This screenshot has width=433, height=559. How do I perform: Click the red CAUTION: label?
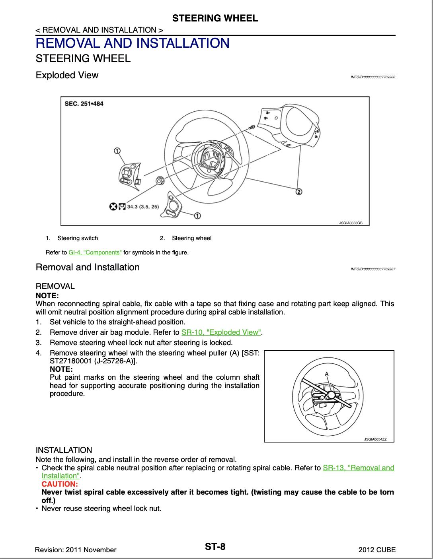[59, 484]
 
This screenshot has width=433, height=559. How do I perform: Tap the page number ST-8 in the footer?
[215, 547]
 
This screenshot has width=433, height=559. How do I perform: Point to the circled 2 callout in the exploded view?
[298, 192]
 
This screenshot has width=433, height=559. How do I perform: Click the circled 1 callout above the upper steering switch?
[117, 150]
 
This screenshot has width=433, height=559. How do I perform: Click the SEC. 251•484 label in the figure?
[84, 104]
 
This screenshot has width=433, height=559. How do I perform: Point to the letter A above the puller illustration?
[326, 374]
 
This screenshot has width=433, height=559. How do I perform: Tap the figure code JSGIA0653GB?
[351, 223]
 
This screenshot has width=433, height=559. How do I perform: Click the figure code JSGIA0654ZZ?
[378, 439]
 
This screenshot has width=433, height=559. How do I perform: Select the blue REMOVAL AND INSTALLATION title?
[133, 43]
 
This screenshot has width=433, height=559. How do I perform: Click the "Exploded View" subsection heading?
[67, 75]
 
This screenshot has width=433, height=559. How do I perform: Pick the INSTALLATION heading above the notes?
[64, 450]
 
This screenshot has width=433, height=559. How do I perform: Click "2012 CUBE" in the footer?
[377, 550]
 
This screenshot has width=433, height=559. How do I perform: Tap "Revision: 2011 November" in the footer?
[76, 550]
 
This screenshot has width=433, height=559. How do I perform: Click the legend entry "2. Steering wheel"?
[185, 238]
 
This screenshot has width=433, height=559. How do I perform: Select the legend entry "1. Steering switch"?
[72, 238]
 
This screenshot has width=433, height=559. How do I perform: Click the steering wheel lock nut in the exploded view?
[159, 179]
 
